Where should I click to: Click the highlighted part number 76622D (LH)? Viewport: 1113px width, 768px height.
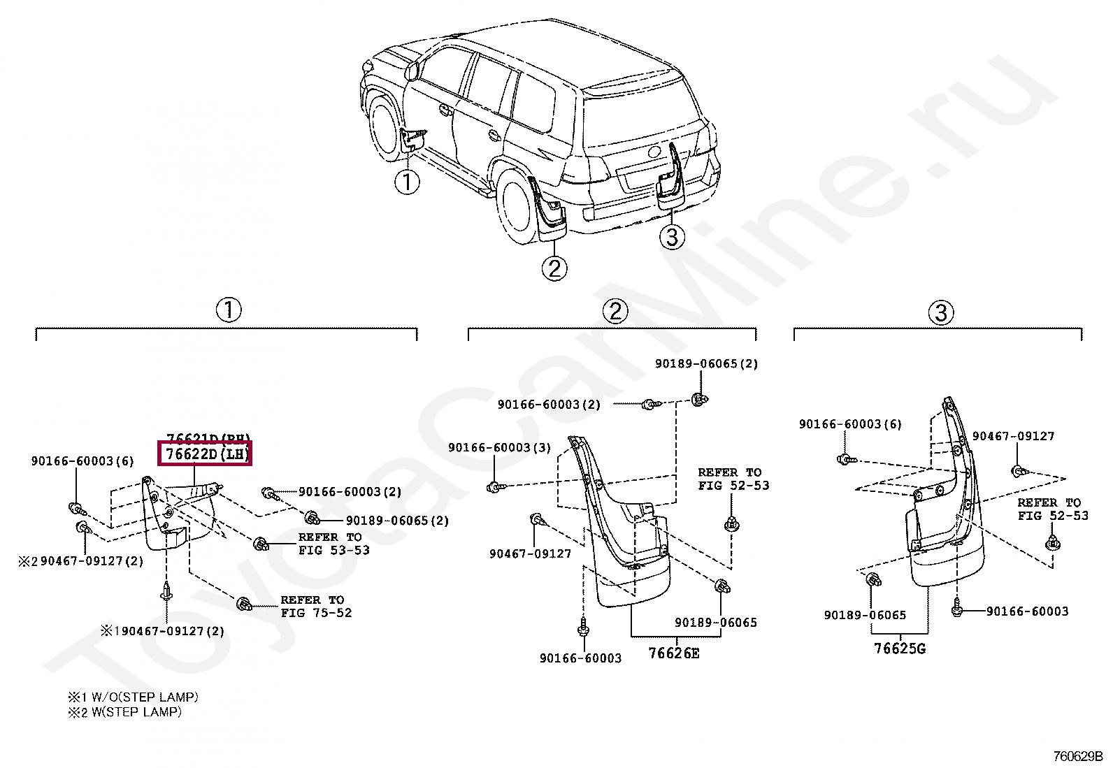[x=206, y=454]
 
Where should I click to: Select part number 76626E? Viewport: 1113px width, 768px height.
[x=673, y=653]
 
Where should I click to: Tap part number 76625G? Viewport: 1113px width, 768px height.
[x=899, y=649]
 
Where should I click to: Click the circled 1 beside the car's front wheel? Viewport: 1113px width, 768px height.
[x=407, y=182]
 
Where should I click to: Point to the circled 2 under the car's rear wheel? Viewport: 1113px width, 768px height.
[x=554, y=268]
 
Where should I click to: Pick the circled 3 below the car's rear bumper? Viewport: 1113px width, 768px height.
[x=672, y=237]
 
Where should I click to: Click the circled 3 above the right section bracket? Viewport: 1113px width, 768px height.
[x=941, y=312]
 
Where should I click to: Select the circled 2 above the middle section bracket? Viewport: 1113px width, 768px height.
[x=615, y=311]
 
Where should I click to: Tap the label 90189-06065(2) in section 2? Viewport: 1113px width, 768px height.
[x=706, y=364]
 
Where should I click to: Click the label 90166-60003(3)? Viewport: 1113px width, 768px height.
[x=499, y=448]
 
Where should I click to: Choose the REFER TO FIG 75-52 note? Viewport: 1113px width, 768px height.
[x=316, y=607]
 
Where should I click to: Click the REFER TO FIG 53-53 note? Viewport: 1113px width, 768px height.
[x=333, y=544]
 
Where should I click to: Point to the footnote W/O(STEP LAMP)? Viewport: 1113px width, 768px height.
[x=133, y=697]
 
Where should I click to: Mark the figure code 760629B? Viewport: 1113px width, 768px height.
[x=1077, y=756]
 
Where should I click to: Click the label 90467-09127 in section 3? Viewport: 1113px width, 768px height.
[x=1013, y=437]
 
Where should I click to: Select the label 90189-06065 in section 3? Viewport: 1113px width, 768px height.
[x=865, y=616]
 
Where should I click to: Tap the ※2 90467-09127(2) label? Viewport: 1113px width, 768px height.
[x=81, y=561]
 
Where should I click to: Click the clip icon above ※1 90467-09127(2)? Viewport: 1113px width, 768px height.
[x=166, y=591]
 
